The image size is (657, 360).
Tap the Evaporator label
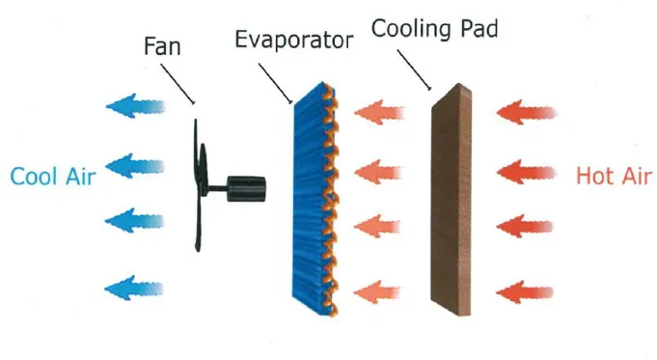294,40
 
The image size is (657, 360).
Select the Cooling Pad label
434,28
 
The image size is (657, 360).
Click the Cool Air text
52,177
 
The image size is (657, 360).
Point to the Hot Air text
610,177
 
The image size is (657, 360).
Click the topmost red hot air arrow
526,114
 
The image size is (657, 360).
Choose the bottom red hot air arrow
526,289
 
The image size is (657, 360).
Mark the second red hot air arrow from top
526,173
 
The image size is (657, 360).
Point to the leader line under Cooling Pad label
415,67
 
